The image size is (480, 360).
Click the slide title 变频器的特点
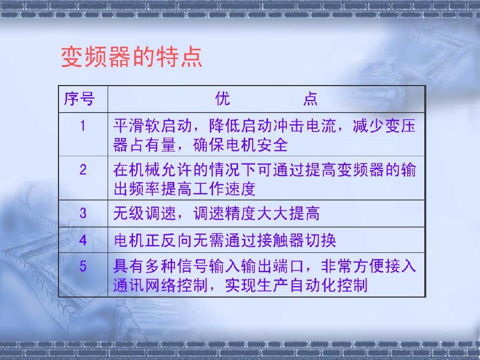click(x=131, y=57)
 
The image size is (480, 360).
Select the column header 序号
click(x=79, y=99)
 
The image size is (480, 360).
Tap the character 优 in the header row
click(x=222, y=99)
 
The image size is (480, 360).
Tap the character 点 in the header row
click(x=310, y=99)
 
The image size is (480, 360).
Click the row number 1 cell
click(x=83, y=126)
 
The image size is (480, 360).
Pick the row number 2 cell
click(x=83, y=170)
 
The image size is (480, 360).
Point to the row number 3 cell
click(x=83, y=213)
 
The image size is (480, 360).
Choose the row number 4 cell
click(x=83, y=240)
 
